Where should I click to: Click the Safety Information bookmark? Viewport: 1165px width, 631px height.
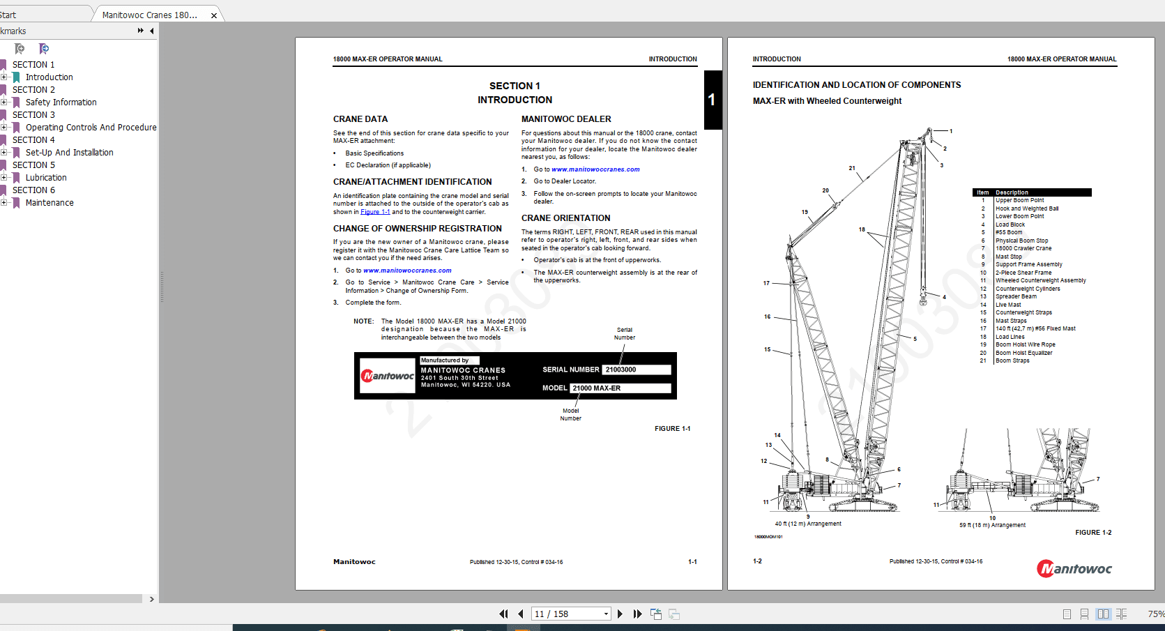[61, 102]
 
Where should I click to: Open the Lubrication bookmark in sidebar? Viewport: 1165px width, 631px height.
[46, 178]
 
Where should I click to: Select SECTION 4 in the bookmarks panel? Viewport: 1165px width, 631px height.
[33, 140]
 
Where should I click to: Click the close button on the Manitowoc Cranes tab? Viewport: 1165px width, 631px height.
[214, 15]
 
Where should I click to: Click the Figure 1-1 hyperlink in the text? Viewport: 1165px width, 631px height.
[375, 212]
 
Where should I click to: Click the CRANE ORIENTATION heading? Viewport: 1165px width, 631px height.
[565, 218]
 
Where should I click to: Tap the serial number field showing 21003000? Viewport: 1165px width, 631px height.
[637, 370]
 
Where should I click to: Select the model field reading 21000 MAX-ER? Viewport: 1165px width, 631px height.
[620, 388]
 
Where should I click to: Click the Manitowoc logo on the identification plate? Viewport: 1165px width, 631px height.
[388, 376]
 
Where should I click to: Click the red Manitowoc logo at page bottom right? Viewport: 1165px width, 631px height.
[1074, 569]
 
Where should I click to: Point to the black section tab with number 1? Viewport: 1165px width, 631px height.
[712, 100]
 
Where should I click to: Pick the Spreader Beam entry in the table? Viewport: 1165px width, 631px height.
[1016, 296]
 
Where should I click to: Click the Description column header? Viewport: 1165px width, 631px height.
[1012, 192]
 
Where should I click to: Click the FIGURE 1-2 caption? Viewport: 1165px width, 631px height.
[1092, 533]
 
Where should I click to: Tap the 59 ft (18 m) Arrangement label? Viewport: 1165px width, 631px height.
[992, 525]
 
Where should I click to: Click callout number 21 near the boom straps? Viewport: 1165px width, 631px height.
[851, 168]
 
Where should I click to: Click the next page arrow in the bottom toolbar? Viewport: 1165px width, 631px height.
[620, 614]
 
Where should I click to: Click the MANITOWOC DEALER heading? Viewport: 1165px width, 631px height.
[565, 119]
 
